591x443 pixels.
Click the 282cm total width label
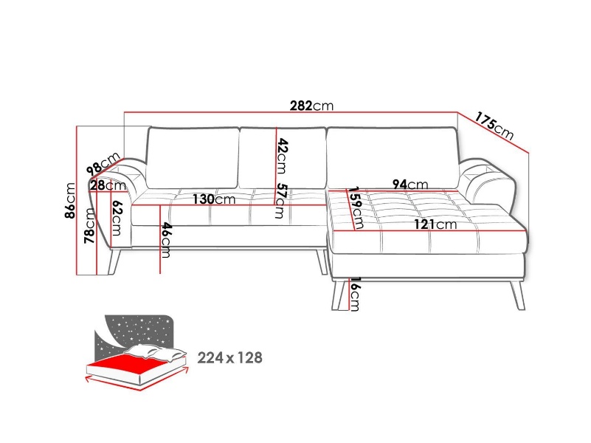click(311, 106)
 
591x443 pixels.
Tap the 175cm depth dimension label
click(494, 126)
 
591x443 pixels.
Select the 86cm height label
click(71, 201)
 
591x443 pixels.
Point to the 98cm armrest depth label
click(103, 164)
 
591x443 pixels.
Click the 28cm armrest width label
click(108, 185)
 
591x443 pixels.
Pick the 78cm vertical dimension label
click(89, 225)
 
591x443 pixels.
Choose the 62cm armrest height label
click(117, 219)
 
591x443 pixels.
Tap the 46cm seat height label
click(166, 240)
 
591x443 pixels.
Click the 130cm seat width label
click(214, 199)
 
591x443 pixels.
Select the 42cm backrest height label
click(283, 156)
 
